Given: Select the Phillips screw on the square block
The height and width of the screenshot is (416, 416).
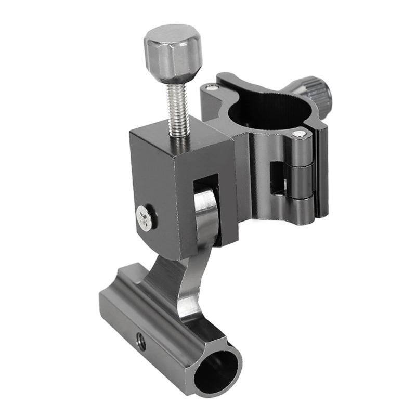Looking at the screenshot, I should pyautogui.click(x=145, y=217).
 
